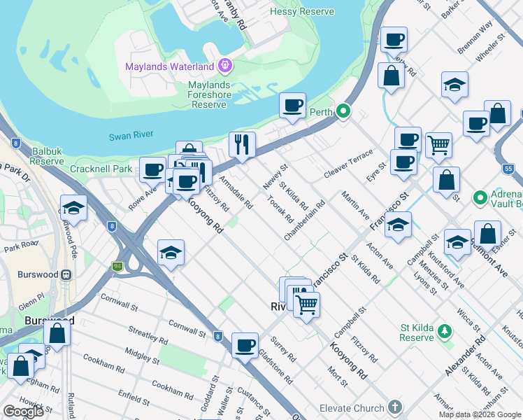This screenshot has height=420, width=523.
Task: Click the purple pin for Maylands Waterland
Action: (x=224, y=66)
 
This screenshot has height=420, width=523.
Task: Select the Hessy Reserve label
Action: (x=312, y=12)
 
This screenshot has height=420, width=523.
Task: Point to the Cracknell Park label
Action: (x=101, y=169)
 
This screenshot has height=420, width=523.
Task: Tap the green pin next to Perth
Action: (x=343, y=111)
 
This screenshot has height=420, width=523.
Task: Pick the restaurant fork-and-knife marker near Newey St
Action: (x=242, y=145)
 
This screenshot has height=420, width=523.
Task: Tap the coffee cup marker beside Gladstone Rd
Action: (x=245, y=345)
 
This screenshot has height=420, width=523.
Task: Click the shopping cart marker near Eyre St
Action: (x=438, y=145)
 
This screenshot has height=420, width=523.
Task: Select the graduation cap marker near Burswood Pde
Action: (x=73, y=208)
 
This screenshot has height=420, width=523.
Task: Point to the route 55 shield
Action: (x=508, y=169)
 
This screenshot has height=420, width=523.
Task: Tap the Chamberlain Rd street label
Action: (x=304, y=221)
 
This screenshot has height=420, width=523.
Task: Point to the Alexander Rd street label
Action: (x=466, y=356)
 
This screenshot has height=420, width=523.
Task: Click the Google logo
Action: (x=23, y=412)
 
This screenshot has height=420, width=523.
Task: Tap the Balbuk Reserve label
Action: (x=48, y=155)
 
